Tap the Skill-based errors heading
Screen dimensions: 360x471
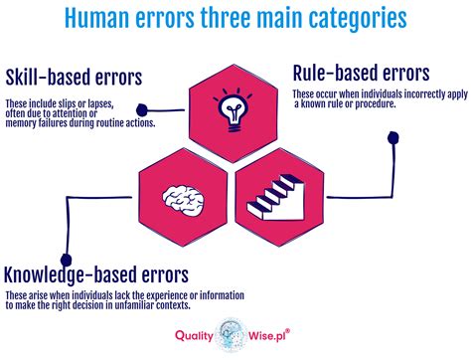(x=76, y=79)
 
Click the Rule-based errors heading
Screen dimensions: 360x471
(x=361, y=73)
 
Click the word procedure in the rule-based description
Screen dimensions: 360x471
(x=394, y=103)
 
